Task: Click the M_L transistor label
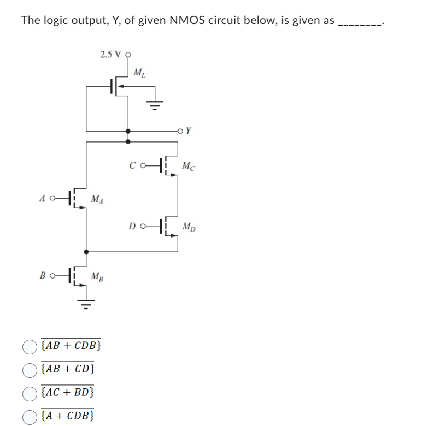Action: coord(139,72)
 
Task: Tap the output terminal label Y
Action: coord(189,131)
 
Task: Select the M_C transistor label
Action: coord(189,165)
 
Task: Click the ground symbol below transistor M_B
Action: coord(85,302)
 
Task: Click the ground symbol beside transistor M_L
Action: coord(154,106)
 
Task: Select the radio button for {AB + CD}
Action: coord(30,369)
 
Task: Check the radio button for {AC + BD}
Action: coord(30,393)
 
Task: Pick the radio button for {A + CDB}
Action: coord(30,416)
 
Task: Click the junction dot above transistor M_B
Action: coord(85,252)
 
